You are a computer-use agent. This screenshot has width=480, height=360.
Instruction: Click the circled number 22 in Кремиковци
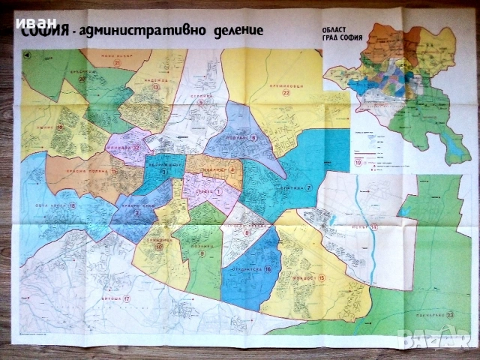point(285,94)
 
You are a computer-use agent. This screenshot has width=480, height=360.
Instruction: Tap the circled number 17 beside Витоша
point(127,300)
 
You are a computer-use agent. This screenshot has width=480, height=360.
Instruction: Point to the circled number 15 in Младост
point(322,278)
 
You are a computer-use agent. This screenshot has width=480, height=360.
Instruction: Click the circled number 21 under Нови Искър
point(118,64)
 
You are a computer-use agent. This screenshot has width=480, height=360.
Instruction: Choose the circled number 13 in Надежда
point(156,88)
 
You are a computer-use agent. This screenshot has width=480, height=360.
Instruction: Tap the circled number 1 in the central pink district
point(218,191)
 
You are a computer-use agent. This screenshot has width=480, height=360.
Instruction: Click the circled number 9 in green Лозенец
point(202,253)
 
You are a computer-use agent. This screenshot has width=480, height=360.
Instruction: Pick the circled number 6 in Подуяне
point(253,137)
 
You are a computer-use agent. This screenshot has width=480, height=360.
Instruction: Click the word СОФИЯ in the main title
point(46,31)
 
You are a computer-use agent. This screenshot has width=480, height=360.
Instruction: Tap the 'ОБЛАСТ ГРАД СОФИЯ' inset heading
point(346,33)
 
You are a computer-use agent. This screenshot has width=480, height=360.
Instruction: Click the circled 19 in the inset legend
point(358,163)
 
